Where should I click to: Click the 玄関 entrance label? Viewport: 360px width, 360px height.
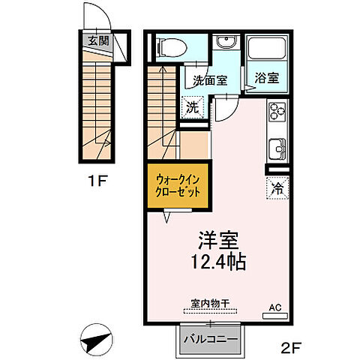coord(96,41)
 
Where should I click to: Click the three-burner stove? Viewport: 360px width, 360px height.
coord(277,111)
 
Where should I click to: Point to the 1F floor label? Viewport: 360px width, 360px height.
coord(91,181)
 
